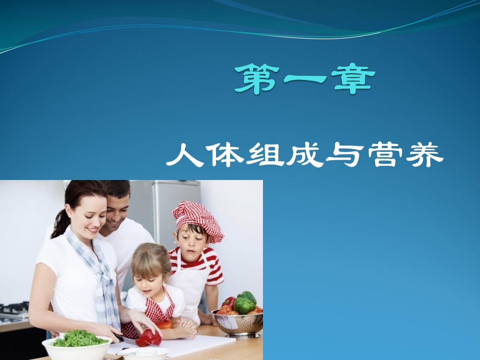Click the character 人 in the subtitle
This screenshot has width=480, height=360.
point(185,154)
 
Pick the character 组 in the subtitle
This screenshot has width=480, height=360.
point(265,154)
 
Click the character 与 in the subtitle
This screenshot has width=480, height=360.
point(345,154)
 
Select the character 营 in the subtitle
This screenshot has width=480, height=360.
point(385,154)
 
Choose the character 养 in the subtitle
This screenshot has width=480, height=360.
point(425,154)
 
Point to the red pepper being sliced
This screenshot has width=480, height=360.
point(149,338)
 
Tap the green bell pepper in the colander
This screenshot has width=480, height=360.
point(244,305)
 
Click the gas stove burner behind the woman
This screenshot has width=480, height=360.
point(14,309)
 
